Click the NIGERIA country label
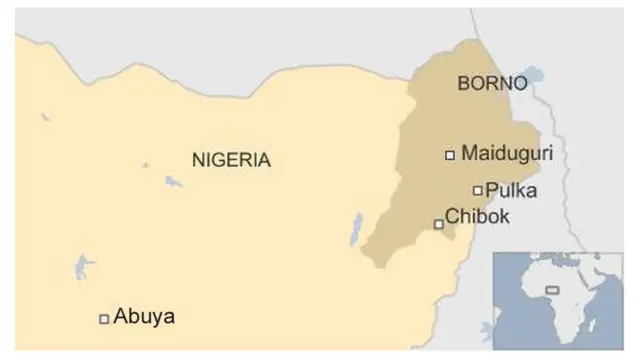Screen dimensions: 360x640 click(x=231, y=159)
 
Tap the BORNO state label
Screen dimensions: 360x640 click(x=491, y=84)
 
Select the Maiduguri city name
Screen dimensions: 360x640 click(x=507, y=154)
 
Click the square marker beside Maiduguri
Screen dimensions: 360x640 click(x=450, y=154)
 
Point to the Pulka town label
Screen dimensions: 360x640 click(x=510, y=189)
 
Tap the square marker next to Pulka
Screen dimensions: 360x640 click(x=478, y=190)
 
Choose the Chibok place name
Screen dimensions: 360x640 click(x=477, y=216)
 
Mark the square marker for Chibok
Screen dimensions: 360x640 click(x=438, y=224)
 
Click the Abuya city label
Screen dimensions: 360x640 click(x=144, y=317)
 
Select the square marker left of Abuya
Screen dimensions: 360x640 click(x=104, y=319)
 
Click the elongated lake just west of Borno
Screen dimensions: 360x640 click(x=356, y=229)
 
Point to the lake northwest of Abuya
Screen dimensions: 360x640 click(x=81, y=267)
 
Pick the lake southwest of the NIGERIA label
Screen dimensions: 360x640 click(x=173, y=182)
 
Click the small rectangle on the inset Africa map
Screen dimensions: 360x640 click(x=551, y=290)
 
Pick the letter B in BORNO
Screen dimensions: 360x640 click(x=463, y=84)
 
